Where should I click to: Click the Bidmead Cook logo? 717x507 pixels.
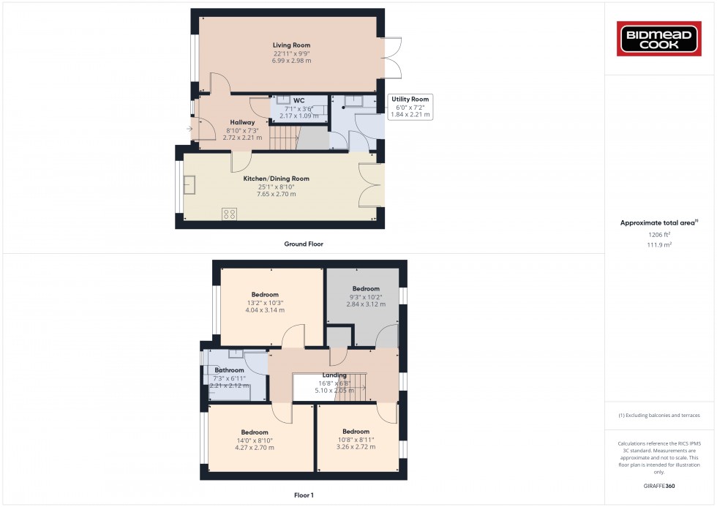(660, 39)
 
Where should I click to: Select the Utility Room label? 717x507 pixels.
(410, 99)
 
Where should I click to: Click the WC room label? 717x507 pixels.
(299, 100)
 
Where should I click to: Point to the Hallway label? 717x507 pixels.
(242, 122)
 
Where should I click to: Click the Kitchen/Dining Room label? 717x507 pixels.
(276, 179)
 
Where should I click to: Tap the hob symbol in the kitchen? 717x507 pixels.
(229, 214)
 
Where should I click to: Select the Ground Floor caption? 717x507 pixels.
(304, 244)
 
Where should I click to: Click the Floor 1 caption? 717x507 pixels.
(303, 495)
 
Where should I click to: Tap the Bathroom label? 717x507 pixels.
(229, 370)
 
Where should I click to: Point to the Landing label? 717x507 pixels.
(334, 375)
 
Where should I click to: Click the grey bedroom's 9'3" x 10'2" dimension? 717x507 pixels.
(366, 296)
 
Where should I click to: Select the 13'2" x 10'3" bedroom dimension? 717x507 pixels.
(264, 303)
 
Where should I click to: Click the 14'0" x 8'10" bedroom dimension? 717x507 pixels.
(254, 440)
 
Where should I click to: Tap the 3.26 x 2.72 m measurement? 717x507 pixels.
(356, 447)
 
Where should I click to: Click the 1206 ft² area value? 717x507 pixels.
(659, 234)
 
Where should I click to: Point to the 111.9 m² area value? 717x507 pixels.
(659, 245)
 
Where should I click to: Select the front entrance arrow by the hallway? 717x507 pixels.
(190, 129)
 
